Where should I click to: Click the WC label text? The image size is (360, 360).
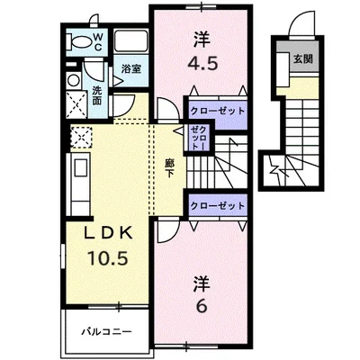pyautogui.click(x=98, y=42)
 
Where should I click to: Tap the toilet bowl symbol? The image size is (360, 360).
pyautogui.click(x=79, y=41)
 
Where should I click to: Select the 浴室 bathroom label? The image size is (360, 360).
pyautogui.click(x=131, y=69)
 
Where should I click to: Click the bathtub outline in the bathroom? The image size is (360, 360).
pyautogui.click(x=132, y=40)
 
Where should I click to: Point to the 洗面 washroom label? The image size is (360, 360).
pyautogui.click(x=96, y=95)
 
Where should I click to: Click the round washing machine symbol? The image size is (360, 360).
pyautogui.click(x=73, y=80)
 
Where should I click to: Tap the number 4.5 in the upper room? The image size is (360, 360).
pyautogui.click(x=202, y=63)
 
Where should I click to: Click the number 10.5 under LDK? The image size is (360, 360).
pyautogui.click(x=108, y=257)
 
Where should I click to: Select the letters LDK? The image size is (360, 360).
pyautogui.click(x=108, y=233)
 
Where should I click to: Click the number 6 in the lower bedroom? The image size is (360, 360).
pyautogui.click(x=202, y=306)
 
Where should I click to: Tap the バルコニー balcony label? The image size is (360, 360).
pyautogui.click(x=107, y=332)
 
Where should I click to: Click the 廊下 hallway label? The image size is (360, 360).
pyautogui.click(x=169, y=167)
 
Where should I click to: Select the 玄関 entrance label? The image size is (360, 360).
pyautogui.click(x=302, y=59)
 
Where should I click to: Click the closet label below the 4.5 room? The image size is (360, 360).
pyautogui.click(x=218, y=112)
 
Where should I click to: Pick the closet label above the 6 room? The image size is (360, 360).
pyautogui.click(x=218, y=206)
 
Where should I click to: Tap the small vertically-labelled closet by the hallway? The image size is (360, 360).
pyautogui.click(x=199, y=138)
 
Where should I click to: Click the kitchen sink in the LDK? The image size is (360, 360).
pyautogui.click(x=80, y=167)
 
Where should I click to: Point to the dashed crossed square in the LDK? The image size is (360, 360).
pyautogui.click(x=81, y=137)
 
